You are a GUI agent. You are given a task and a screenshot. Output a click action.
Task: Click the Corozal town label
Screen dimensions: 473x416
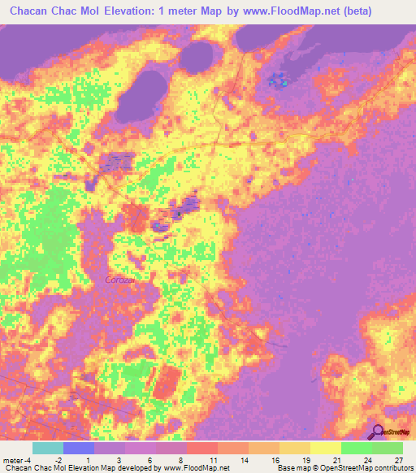point(120,279)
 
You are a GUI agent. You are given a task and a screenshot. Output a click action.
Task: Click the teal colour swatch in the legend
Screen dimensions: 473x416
point(48,448)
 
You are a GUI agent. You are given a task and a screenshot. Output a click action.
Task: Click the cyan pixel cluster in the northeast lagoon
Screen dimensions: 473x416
point(284,82)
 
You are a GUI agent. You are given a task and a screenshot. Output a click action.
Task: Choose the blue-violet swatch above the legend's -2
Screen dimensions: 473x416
point(79,448)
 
